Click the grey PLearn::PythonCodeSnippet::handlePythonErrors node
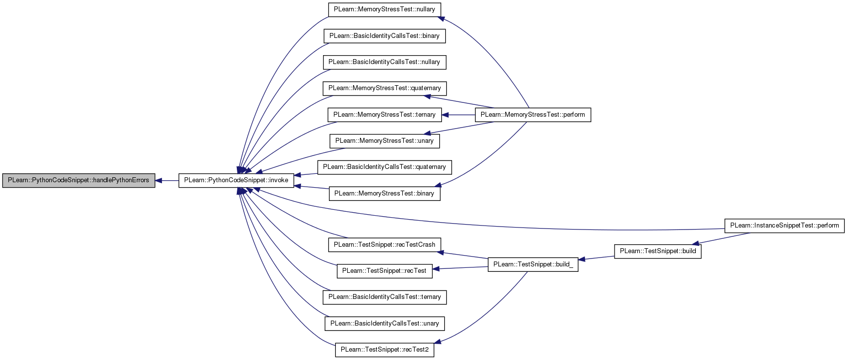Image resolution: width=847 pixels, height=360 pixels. [79, 180]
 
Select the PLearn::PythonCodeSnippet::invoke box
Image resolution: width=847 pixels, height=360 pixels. [236, 180]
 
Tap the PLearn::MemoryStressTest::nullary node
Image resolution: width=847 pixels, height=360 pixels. [385, 9]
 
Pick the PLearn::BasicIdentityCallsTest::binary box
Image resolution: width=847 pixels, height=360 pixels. [385, 36]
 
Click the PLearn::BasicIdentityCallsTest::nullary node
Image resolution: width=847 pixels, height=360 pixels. [385, 62]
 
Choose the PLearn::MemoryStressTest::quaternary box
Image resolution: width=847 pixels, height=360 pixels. [385, 88]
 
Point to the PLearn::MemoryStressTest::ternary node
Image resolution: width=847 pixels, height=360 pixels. [385, 115]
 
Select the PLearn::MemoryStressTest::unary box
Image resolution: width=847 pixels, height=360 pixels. [385, 141]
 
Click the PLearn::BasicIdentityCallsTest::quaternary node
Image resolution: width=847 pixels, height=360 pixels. [385, 167]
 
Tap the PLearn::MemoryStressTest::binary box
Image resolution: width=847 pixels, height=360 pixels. [385, 194]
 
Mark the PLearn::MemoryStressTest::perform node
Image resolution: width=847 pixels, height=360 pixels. [533, 115]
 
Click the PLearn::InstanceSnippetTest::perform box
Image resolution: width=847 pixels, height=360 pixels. [784, 226]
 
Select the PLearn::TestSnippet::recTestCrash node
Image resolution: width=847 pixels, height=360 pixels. [385, 245]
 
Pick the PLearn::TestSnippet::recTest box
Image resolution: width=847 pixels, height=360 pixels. [385, 271]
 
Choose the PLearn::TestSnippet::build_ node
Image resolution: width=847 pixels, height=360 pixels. [533, 264]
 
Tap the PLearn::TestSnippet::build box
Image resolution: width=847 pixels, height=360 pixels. [658, 251]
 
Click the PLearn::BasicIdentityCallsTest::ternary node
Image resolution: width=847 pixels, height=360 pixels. [385, 297]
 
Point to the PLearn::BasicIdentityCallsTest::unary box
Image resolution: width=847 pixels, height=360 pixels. [385, 324]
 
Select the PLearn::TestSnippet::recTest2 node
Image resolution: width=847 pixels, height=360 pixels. [385, 350]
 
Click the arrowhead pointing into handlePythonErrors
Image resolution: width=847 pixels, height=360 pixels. [159, 181]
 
